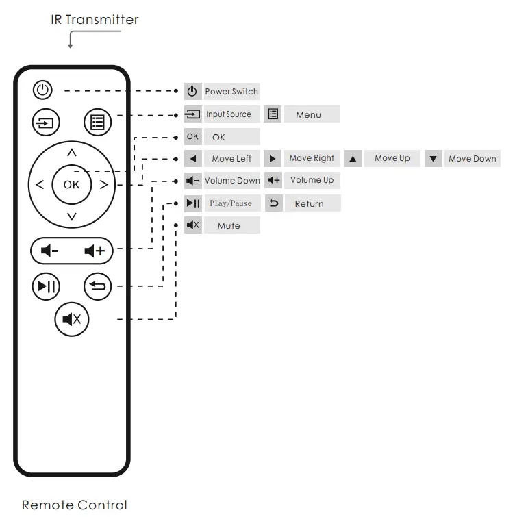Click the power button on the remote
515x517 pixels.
43,90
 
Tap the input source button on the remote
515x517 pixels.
46,123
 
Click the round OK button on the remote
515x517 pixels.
71,184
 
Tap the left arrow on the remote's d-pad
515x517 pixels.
39,184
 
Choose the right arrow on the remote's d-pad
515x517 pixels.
103,184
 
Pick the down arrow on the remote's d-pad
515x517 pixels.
72,217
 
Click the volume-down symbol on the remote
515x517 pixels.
50,251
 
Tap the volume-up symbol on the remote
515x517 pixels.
95,251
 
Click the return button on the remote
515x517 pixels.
97,286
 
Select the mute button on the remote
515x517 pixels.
72,318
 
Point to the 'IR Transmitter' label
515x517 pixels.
95,19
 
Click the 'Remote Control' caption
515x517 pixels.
74,505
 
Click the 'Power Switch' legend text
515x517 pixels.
231,92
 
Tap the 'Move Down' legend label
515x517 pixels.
472,159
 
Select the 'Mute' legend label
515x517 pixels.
229,225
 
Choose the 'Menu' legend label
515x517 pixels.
308,115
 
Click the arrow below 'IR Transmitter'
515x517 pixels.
71,43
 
